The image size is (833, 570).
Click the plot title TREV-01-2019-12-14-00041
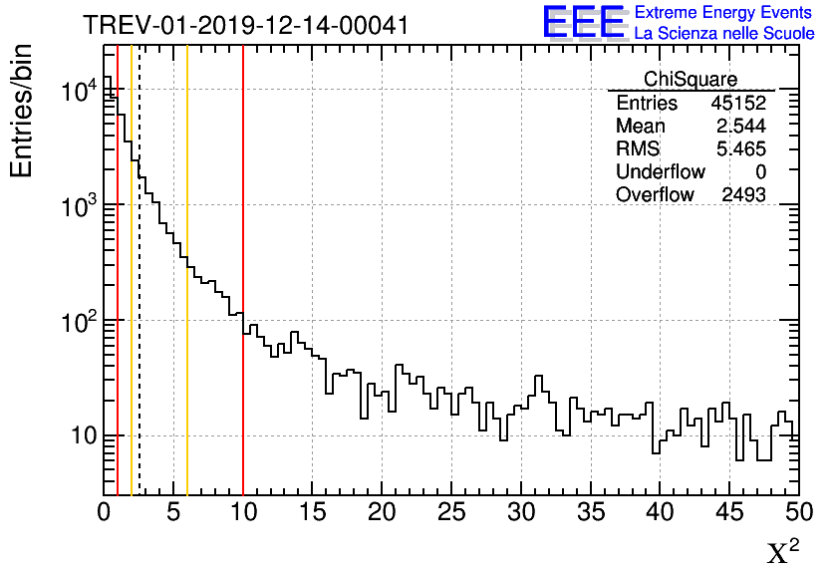tap(245, 24)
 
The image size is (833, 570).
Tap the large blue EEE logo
tap(584, 22)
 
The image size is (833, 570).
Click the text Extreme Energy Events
tap(724, 13)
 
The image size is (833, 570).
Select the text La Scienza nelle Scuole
tap(724, 34)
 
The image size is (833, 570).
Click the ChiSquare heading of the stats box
tap(691, 79)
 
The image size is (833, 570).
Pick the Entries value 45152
tap(738, 104)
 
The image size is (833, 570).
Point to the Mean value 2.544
tap(741, 127)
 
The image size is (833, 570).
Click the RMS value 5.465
tap(741, 149)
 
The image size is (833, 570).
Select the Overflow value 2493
tap(743, 195)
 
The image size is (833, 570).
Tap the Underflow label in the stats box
tap(661, 172)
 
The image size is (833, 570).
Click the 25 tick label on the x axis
tap(451, 512)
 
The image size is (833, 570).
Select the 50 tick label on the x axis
tap(798, 512)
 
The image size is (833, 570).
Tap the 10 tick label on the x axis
tap(243, 512)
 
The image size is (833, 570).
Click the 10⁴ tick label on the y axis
tap(79, 92)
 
